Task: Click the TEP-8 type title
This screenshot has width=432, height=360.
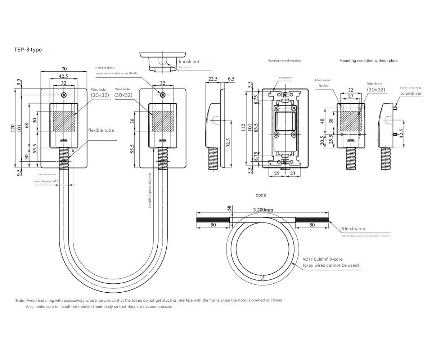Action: point(28,50)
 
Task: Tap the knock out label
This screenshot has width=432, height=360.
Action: point(189,62)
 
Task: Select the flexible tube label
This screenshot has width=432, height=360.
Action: point(101,130)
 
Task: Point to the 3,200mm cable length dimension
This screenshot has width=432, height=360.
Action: point(263,210)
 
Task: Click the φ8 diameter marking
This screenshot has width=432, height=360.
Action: point(229,208)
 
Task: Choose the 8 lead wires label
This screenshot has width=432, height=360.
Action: point(353,229)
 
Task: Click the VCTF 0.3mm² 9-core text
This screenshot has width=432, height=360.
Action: point(323,259)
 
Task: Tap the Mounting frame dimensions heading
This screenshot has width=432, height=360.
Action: point(284,61)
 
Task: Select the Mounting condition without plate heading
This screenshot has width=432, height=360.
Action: point(368,61)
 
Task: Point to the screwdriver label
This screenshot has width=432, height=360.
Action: point(411,93)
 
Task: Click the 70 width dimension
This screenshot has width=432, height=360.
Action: point(64,69)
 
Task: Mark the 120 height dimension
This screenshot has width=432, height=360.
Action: point(13,128)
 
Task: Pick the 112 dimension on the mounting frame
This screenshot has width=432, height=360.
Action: point(244,127)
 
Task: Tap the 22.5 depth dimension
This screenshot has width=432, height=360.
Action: point(213,79)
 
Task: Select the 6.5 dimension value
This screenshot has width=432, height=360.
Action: point(231,79)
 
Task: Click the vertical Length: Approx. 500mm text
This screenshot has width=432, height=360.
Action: point(150,190)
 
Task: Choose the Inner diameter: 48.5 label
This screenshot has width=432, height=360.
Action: point(46,181)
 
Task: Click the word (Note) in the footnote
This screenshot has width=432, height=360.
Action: point(20,300)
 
